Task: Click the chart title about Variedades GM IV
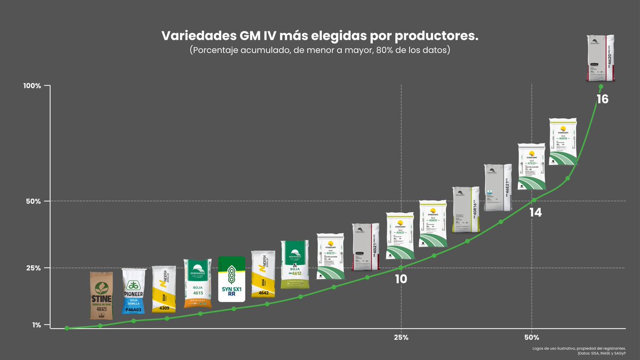[320, 36]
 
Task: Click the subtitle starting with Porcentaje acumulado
[320, 51]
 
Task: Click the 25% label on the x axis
[401, 338]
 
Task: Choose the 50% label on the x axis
[532, 338]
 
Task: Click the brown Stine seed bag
[101, 295]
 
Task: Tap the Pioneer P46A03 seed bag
[133, 291]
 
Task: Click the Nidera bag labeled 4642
[263, 277]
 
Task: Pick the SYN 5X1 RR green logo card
[232, 279]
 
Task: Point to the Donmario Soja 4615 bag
[197, 284]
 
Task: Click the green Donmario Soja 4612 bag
[295, 265]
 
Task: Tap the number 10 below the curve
[401, 278]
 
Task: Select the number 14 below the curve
[535, 212]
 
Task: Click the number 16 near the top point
[602, 99]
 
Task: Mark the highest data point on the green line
[601, 86]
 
